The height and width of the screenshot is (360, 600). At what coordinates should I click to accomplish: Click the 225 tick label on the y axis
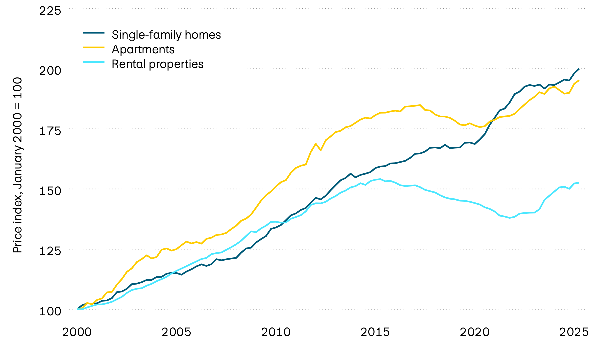click(50, 11)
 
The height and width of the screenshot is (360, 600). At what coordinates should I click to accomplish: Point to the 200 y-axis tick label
click(50, 71)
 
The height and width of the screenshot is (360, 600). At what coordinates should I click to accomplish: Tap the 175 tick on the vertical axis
click(50, 131)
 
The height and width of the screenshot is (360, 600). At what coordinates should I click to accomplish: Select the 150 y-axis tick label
click(50, 191)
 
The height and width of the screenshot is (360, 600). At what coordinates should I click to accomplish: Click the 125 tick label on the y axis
click(50, 251)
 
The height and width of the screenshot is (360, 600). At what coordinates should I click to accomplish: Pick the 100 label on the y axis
click(50, 311)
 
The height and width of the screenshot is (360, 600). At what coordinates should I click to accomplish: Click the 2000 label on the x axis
click(77, 332)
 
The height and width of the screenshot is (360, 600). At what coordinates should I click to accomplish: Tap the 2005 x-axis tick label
click(176, 332)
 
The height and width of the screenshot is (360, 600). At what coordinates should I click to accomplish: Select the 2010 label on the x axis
click(276, 332)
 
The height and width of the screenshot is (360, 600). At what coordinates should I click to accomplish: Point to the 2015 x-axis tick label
click(375, 332)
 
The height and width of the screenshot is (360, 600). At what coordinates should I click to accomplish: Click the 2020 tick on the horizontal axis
click(474, 332)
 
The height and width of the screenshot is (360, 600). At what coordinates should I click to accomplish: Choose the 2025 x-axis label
click(574, 332)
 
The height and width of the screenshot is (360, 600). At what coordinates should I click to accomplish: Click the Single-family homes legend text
click(166, 35)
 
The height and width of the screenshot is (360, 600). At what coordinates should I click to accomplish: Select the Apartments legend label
click(143, 49)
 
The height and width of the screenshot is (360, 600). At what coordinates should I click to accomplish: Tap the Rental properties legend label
click(157, 64)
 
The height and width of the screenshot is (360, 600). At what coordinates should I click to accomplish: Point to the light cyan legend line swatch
click(94, 62)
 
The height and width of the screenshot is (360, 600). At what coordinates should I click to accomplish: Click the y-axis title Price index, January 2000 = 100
click(17, 165)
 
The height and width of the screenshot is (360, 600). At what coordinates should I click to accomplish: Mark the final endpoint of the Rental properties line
click(579, 183)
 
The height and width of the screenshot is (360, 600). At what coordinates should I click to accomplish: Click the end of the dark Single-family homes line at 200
click(579, 69)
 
